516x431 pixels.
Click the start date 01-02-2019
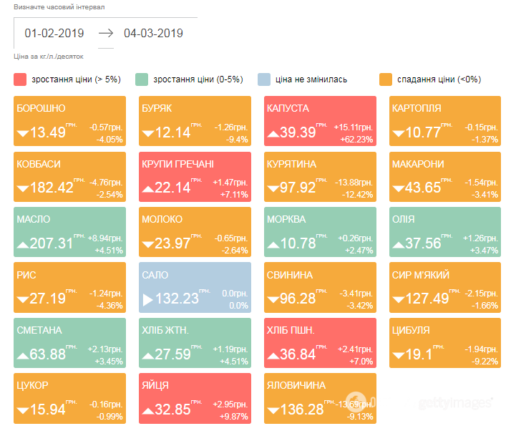(x=54, y=33)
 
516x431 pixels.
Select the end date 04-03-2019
(x=153, y=33)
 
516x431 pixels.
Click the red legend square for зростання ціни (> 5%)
(x=20, y=79)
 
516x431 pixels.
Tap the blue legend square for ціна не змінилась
(x=264, y=79)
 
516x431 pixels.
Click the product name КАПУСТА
(x=288, y=109)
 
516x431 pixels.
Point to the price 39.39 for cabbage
(x=298, y=132)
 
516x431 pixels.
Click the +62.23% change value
(x=357, y=139)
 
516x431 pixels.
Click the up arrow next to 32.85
(x=148, y=410)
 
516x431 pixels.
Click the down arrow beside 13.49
(x=22, y=133)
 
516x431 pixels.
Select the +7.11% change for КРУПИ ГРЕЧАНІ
(x=233, y=195)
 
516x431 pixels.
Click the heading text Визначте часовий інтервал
(x=59, y=6)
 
